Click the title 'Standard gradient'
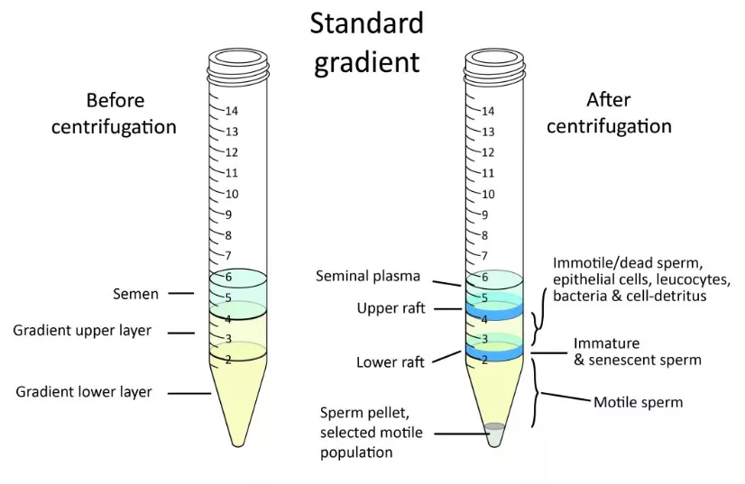point(366,42)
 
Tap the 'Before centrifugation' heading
point(115,113)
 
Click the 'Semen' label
point(135,294)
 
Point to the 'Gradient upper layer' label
point(82,331)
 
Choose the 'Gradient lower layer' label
point(84,392)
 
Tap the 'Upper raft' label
point(391,308)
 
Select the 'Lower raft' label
point(391,362)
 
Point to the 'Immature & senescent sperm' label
point(637,352)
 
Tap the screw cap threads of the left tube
point(237,61)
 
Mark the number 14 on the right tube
point(488,111)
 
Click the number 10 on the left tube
point(232,194)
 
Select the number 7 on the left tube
point(229,256)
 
